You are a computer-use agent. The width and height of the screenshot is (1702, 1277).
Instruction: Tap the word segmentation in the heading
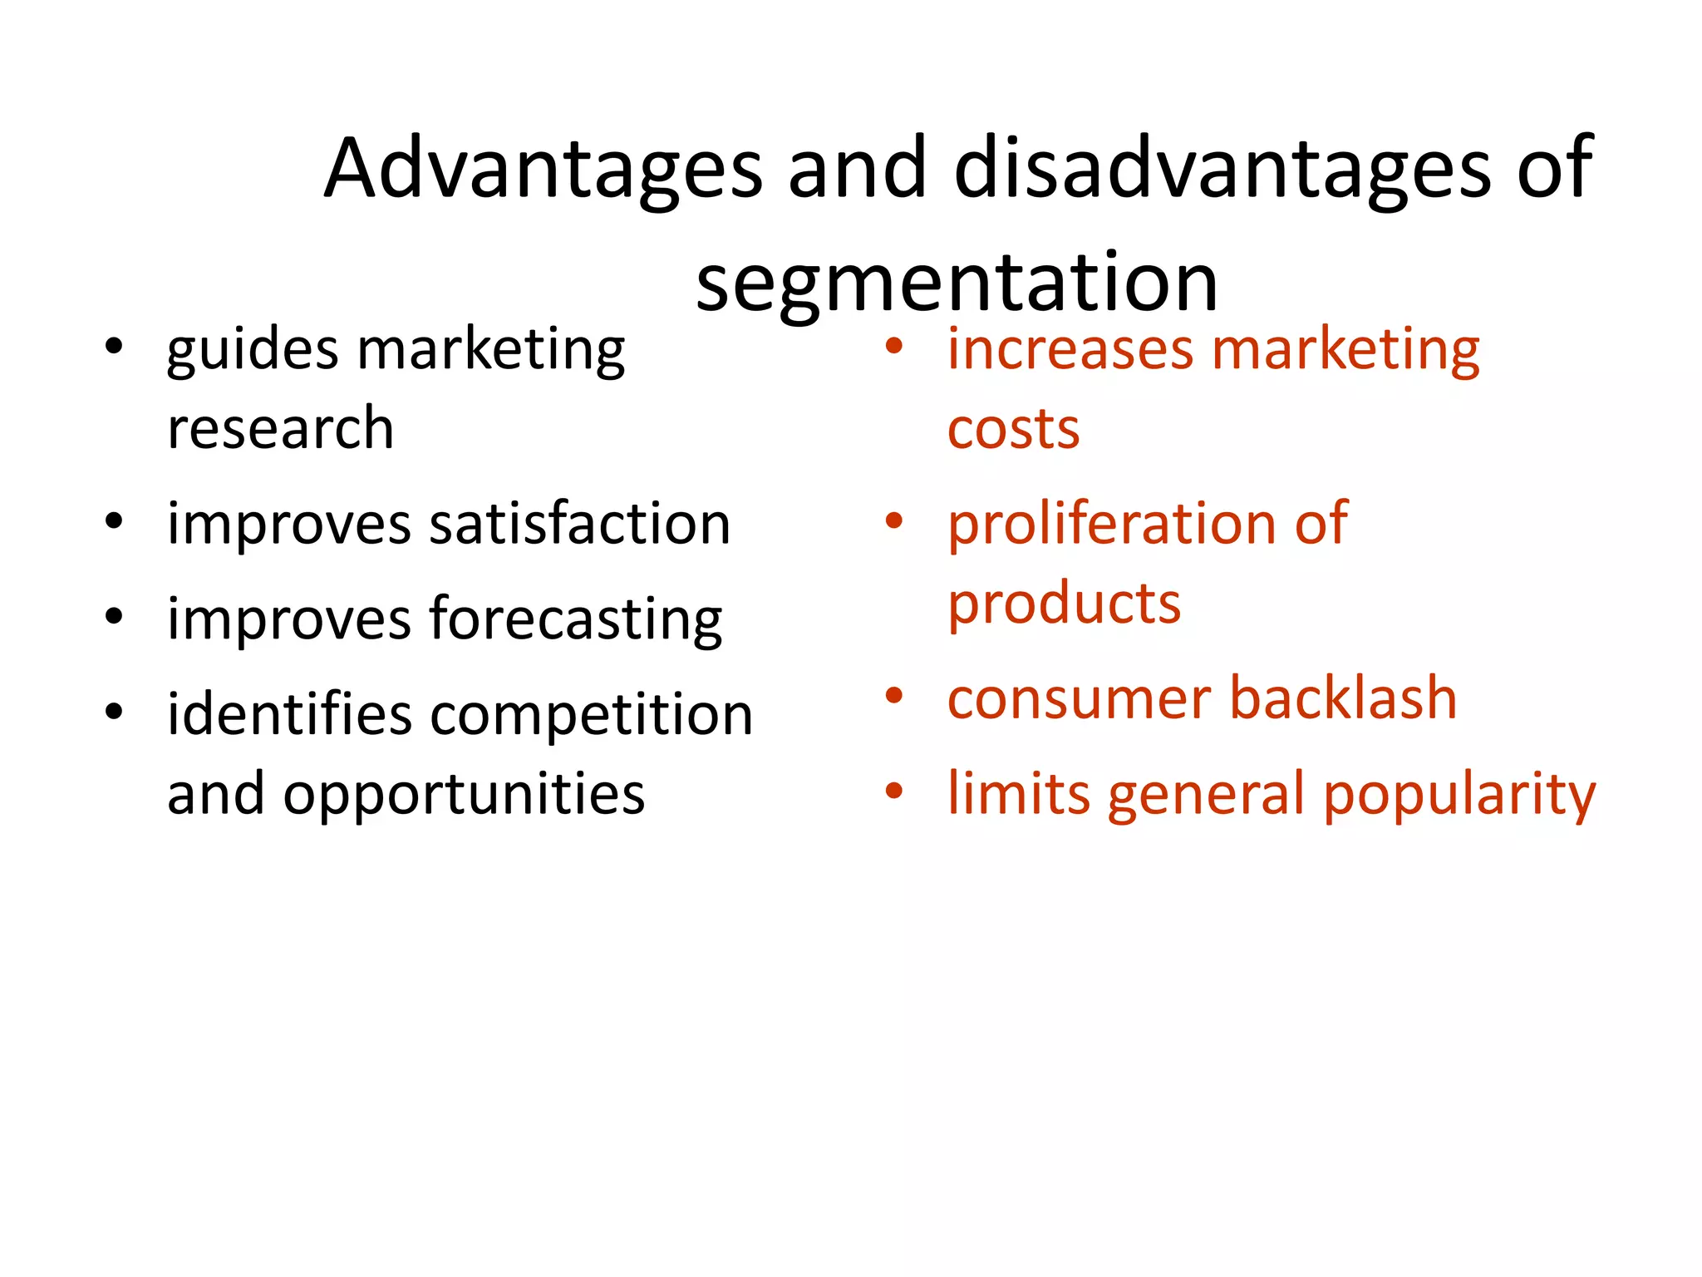click(957, 283)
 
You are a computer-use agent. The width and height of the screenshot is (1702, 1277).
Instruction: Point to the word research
click(280, 429)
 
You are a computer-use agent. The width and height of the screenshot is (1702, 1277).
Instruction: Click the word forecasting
click(575, 619)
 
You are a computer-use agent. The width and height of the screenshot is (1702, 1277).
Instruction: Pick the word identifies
click(289, 714)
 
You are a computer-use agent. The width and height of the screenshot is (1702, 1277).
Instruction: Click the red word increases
click(1066, 348)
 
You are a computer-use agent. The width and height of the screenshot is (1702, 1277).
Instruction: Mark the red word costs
click(1013, 429)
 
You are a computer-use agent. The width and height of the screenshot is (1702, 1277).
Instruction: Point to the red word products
click(1064, 604)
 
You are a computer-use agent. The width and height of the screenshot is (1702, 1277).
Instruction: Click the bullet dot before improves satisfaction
click(115, 522)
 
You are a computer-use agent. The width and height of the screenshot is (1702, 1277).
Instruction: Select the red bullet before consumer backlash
click(894, 696)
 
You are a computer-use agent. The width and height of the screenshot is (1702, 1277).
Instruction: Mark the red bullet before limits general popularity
click(894, 791)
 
